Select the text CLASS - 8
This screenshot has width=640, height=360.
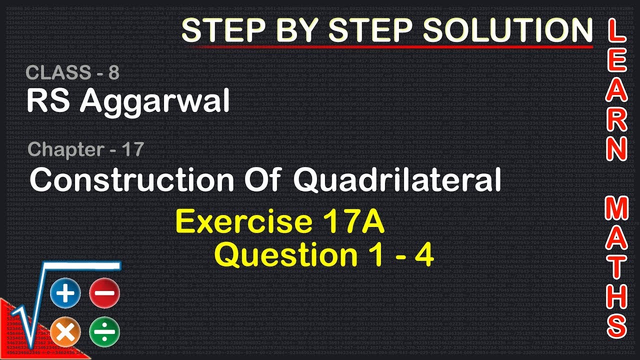(72, 73)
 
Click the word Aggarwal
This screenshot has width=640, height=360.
(154, 101)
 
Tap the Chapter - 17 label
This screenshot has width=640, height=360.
(86, 149)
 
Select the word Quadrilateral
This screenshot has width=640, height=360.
(397, 180)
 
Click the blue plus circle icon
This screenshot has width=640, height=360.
(65, 293)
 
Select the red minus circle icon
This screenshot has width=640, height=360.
(104, 293)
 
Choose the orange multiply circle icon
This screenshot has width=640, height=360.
(65, 331)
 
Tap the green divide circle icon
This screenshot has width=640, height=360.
(104, 331)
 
